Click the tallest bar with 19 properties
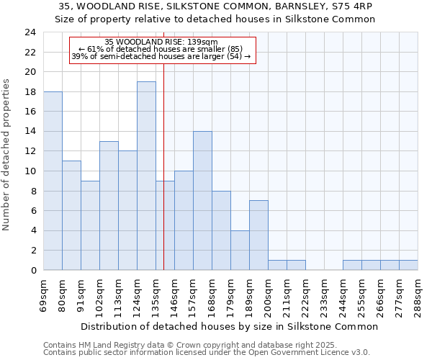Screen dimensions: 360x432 tap(146, 176)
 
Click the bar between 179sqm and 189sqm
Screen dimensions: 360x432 tap(240, 250)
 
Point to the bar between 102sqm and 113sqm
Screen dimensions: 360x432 tap(109, 205)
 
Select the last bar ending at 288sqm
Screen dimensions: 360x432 tap(408, 265)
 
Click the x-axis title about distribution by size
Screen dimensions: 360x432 tap(229, 326)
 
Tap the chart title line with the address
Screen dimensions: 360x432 tap(215, 6)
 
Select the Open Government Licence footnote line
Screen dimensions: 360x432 tap(206, 353)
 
